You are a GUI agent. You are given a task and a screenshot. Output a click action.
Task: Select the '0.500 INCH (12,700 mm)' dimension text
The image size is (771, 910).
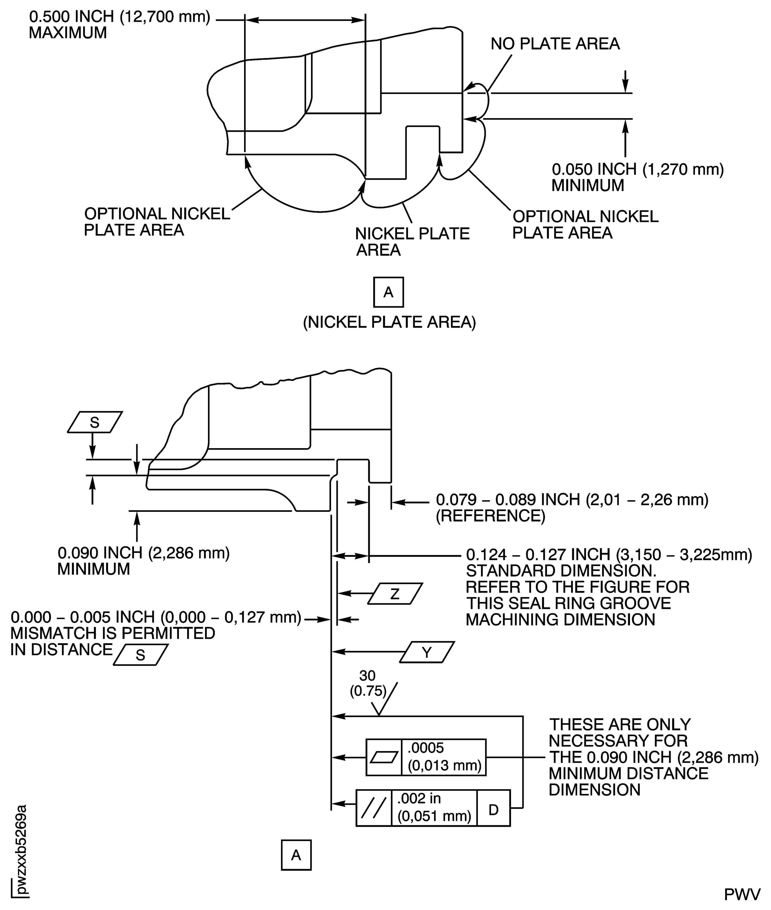[x=119, y=17]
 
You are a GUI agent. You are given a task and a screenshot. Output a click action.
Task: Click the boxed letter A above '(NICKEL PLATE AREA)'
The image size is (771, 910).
[x=388, y=292]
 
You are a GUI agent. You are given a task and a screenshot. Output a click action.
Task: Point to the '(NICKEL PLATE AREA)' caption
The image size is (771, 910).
[x=389, y=322]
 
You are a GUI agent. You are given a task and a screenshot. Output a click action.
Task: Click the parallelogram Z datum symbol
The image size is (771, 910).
[x=395, y=594]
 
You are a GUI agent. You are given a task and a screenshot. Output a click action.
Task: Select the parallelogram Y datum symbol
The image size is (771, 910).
[x=427, y=652]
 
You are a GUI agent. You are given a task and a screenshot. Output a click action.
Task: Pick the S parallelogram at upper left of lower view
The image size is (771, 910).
[x=95, y=422]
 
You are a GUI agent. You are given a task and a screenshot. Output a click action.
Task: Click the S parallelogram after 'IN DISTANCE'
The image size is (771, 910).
[x=140, y=655]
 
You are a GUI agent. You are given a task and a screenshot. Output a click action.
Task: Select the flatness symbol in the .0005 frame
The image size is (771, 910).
[x=383, y=757]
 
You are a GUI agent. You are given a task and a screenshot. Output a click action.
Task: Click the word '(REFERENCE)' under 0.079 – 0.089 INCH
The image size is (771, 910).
[x=490, y=516]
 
